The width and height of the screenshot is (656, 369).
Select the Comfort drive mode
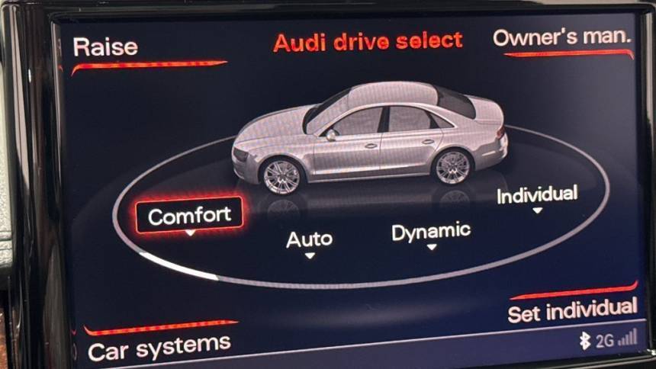(x=189, y=216)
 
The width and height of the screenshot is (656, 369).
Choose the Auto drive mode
(x=310, y=239)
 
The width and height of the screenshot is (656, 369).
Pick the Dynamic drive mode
(x=431, y=232)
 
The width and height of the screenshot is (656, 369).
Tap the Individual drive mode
(x=537, y=194)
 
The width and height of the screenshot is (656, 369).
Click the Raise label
(x=105, y=47)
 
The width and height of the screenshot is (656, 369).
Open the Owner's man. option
(x=561, y=37)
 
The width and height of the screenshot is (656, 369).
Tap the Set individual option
(x=572, y=310)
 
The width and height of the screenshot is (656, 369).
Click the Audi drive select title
(x=368, y=42)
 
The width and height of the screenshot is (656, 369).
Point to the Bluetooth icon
(x=585, y=341)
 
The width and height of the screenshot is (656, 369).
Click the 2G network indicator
(x=605, y=341)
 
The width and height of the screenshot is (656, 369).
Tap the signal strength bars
(x=628, y=337)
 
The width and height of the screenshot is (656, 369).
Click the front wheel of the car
(x=281, y=176)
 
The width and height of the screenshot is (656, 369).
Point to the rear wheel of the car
(x=452, y=167)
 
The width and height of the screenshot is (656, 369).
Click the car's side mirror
(x=331, y=135)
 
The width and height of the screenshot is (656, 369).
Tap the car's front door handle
(x=371, y=146)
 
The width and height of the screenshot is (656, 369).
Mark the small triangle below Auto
(x=310, y=255)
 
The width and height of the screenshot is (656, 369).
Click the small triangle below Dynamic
(x=432, y=247)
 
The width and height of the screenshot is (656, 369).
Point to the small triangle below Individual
(x=538, y=210)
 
